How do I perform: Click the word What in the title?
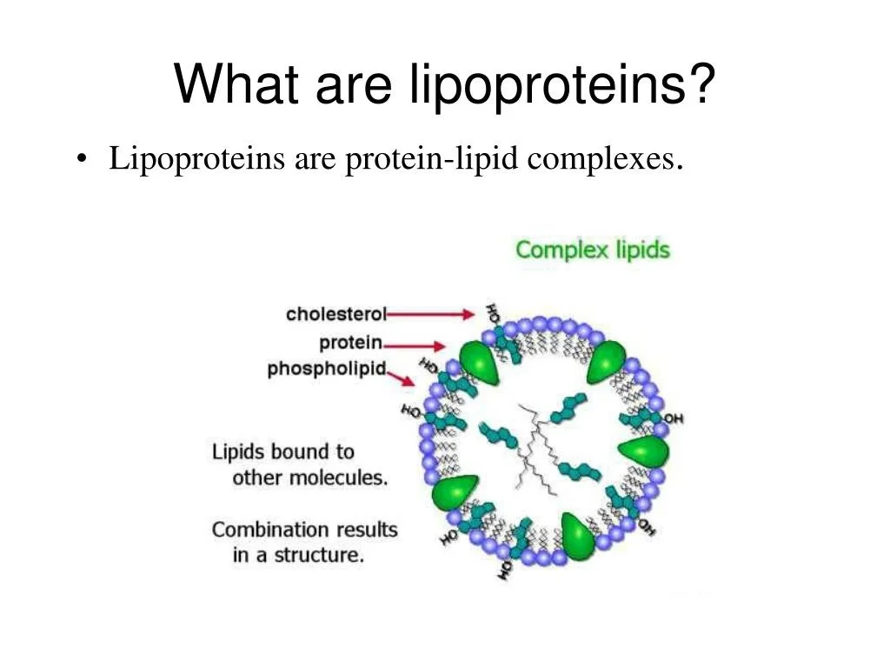click(x=236, y=84)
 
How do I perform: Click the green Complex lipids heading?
click(x=593, y=250)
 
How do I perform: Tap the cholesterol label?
click(x=336, y=313)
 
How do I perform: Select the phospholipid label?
click(x=327, y=369)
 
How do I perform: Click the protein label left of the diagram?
click(x=351, y=343)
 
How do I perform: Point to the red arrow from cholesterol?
click(x=430, y=314)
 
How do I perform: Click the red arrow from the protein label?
click(x=415, y=345)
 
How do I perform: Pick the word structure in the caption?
click(x=319, y=555)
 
